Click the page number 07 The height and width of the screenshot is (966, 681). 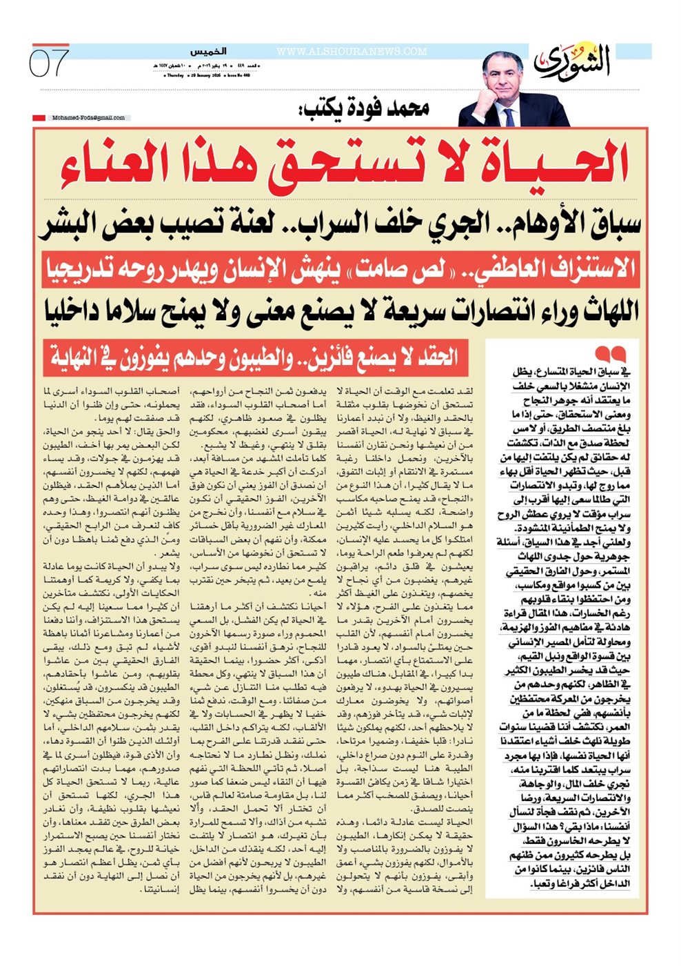(x=49, y=63)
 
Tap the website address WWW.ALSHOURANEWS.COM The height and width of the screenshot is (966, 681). (x=352, y=52)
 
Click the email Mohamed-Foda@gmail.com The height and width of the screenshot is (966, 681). (x=88, y=118)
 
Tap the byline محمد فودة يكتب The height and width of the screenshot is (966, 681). (x=365, y=108)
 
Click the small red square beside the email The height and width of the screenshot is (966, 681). (x=39, y=118)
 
